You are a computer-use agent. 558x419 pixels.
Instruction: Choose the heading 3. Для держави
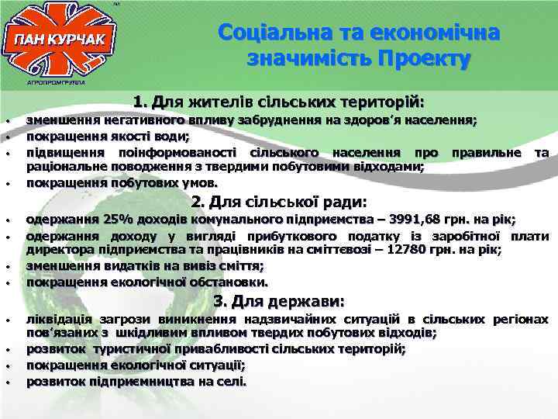[x=278, y=302]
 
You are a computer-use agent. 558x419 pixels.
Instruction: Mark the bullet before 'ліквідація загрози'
[x=6, y=320]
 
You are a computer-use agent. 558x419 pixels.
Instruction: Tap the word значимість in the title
[x=308, y=58]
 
